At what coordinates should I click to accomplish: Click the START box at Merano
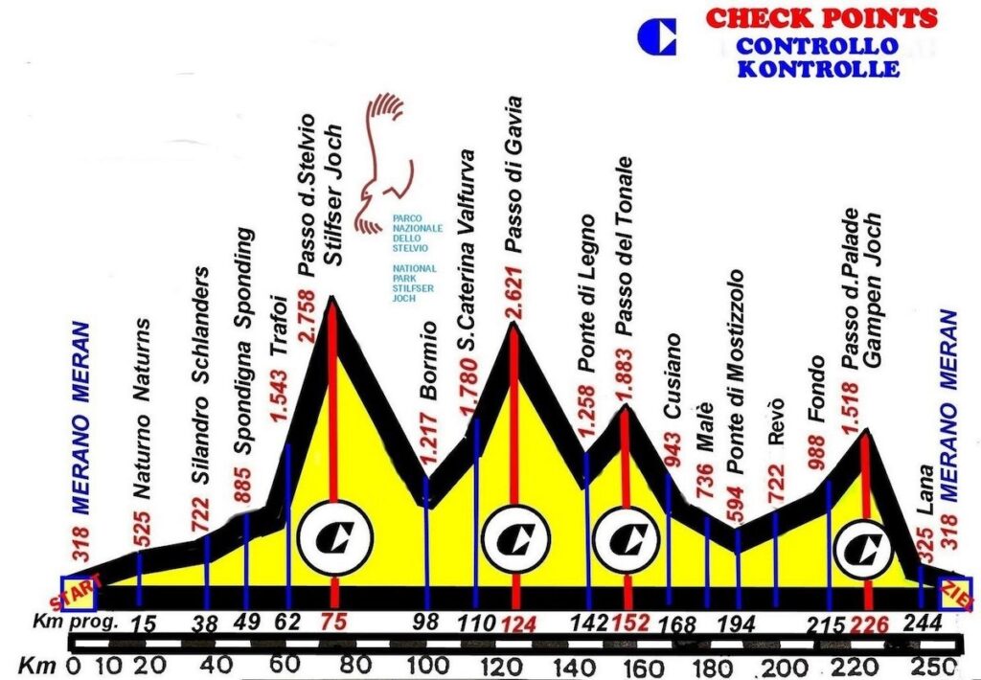click(79, 593)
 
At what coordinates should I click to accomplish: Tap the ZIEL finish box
click(957, 595)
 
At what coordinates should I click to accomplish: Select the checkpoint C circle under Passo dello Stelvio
click(335, 538)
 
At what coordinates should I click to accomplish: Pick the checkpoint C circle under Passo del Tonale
click(627, 538)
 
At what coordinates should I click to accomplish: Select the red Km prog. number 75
click(332, 622)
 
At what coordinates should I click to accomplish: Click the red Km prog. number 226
click(870, 623)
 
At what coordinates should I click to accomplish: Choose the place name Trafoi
click(279, 326)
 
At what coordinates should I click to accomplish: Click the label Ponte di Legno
click(586, 294)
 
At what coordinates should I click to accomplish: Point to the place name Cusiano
click(672, 375)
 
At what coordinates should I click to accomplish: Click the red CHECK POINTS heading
click(821, 17)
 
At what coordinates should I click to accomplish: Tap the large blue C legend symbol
click(656, 36)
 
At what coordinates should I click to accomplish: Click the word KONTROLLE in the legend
click(818, 68)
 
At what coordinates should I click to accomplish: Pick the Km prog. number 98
click(427, 622)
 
